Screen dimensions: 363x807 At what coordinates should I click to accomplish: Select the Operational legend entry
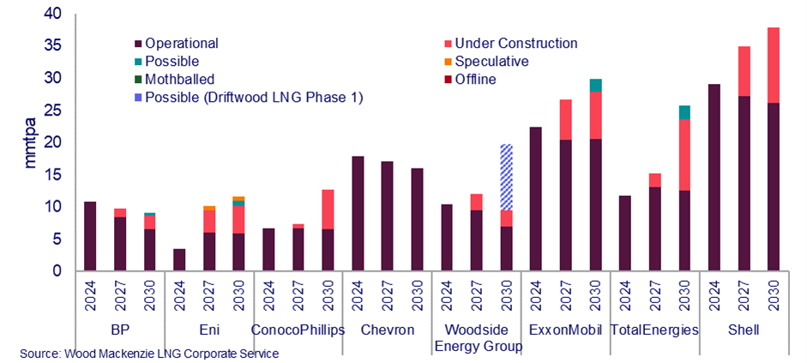[x=181, y=43]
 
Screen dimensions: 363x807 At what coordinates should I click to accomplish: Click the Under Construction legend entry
[x=515, y=43]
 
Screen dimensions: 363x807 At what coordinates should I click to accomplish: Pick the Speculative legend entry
[x=491, y=62]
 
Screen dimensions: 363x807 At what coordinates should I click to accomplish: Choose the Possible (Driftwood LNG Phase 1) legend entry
[x=254, y=98]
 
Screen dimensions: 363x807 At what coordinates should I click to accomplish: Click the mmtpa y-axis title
[x=31, y=142]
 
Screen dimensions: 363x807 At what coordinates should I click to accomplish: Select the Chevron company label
[x=387, y=330]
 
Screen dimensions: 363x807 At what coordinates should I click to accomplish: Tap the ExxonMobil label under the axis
[x=565, y=330]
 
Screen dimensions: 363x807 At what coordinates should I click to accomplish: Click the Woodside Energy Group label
[x=477, y=337]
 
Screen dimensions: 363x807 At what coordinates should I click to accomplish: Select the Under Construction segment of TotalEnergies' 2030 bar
[x=684, y=154]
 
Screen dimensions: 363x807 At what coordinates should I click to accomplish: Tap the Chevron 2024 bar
[x=358, y=213]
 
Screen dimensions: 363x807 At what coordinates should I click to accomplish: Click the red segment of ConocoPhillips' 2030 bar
[x=328, y=209]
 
